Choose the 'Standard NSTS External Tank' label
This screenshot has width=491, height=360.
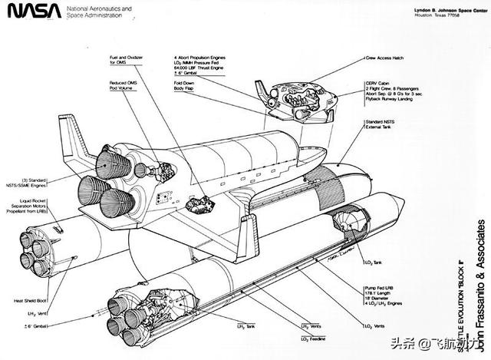click(384, 126)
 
